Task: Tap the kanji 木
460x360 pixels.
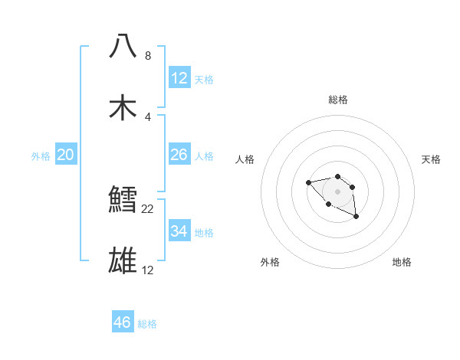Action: click(123, 107)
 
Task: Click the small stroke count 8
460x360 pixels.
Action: click(148, 56)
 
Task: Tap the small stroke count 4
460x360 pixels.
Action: click(148, 117)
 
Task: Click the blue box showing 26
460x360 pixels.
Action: click(179, 155)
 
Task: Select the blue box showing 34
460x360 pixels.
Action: click(179, 231)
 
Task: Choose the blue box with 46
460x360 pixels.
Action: click(123, 322)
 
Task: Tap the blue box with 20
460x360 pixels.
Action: click(65, 155)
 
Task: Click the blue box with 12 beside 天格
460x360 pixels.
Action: click(179, 78)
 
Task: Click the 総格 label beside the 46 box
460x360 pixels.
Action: click(147, 324)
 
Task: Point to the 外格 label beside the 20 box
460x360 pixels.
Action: click(41, 156)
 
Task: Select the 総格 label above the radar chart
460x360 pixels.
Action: click(337, 100)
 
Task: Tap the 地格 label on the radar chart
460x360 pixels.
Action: click(402, 262)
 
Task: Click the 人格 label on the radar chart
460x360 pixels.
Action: click(245, 159)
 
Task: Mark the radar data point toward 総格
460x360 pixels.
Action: click(337, 175)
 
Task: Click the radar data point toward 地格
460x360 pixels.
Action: click(356, 218)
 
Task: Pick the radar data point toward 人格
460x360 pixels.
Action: click(308, 182)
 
